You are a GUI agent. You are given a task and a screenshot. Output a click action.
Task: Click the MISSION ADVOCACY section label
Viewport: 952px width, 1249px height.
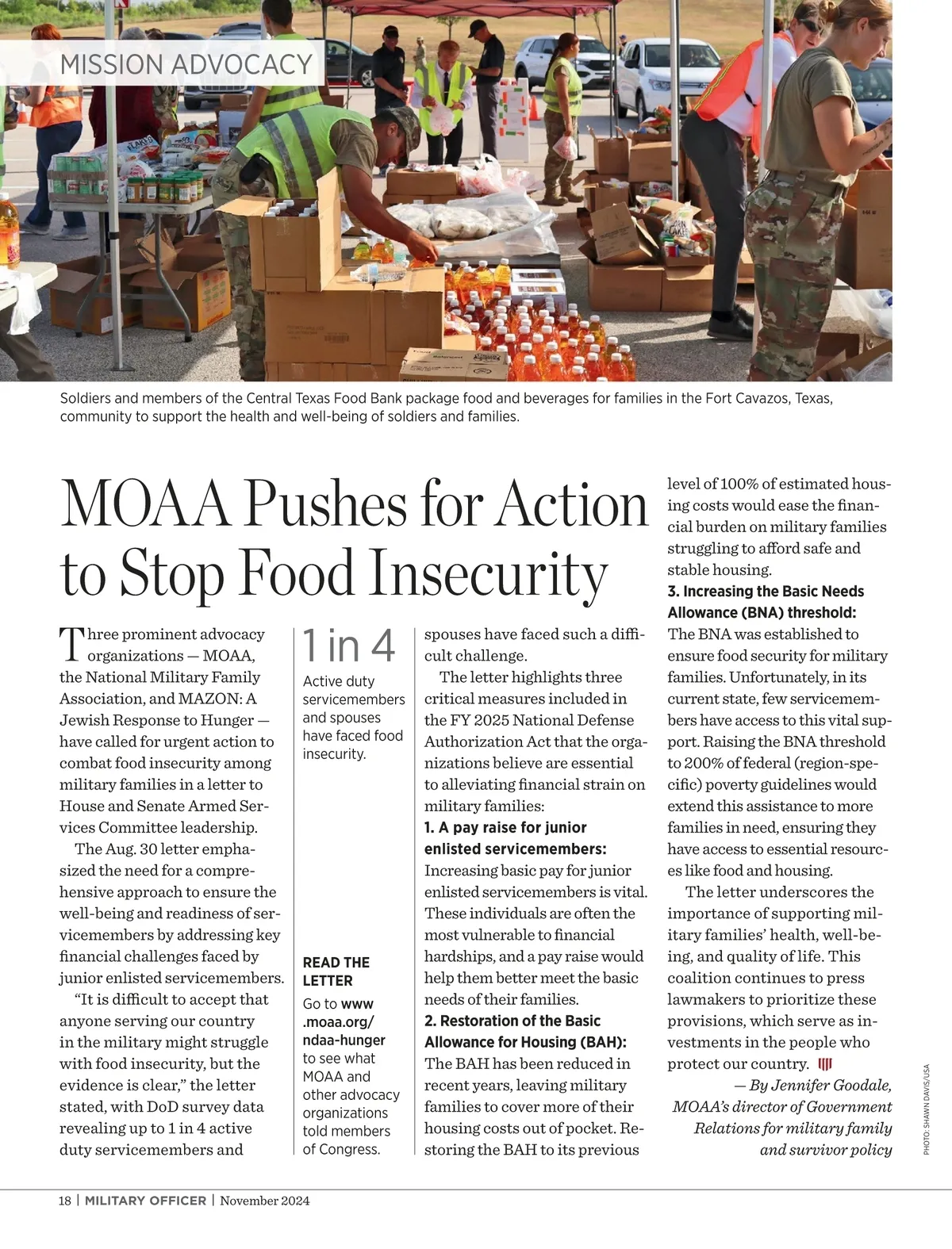[x=186, y=64]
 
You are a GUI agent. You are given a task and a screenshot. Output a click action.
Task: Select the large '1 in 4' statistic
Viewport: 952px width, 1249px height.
[x=348, y=646]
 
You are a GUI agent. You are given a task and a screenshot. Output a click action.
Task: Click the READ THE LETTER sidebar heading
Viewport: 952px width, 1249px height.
[x=336, y=971]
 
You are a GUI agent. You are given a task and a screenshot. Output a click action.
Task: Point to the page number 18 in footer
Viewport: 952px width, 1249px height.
[x=65, y=1201]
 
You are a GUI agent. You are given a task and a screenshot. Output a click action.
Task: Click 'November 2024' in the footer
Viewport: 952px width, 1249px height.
[x=265, y=1201]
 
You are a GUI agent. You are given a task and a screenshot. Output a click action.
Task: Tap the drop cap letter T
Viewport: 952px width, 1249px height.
[x=71, y=643]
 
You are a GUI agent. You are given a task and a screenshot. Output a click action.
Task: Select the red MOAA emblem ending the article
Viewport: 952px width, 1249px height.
[x=824, y=1063]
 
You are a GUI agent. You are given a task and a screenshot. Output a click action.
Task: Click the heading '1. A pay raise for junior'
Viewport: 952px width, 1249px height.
[x=505, y=827]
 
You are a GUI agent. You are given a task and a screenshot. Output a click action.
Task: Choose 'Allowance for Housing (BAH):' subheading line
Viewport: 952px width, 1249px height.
[x=525, y=1042]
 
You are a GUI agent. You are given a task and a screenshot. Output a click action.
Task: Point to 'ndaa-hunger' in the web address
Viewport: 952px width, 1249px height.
[x=344, y=1040]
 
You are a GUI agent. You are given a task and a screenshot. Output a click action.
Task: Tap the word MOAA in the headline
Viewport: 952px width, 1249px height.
[x=144, y=504]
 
